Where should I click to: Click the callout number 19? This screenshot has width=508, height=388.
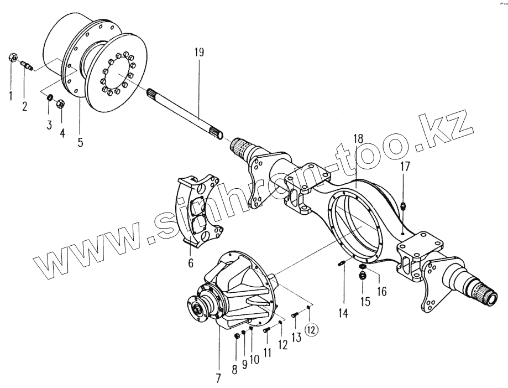199,53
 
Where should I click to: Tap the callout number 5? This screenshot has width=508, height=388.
81,142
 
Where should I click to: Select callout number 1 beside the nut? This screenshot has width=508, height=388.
9,96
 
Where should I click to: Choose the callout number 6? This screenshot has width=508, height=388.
191,263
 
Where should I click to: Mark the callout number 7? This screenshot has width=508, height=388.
217,379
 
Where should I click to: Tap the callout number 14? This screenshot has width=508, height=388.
343,313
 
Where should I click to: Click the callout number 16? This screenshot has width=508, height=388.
381,290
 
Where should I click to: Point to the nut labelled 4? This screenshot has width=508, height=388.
61,102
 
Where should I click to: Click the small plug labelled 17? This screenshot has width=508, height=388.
404,207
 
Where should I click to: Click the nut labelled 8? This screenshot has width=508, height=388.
237,335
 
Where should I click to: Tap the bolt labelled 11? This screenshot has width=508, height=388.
266,329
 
